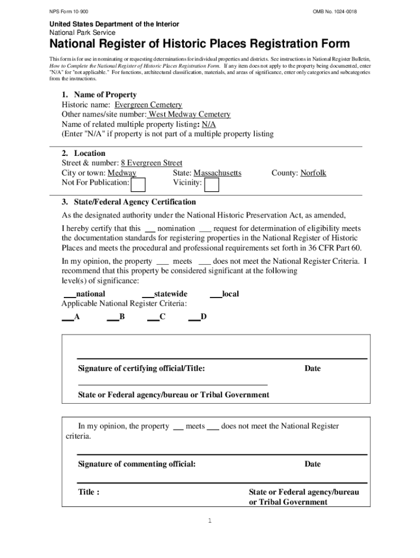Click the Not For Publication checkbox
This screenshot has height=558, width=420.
tap(139, 185)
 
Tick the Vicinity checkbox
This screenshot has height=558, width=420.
tap(212, 185)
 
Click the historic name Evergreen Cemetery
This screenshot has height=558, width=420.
tap(148, 105)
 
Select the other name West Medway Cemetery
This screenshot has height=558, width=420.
tap(189, 114)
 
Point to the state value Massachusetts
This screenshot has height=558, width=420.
tap(217, 173)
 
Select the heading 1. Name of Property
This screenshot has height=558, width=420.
tap(99, 95)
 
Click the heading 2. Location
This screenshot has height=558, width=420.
tap(83, 153)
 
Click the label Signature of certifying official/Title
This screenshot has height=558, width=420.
tap(141, 369)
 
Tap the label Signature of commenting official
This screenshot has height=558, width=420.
tap(136, 464)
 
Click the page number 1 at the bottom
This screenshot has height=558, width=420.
tap(210, 521)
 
